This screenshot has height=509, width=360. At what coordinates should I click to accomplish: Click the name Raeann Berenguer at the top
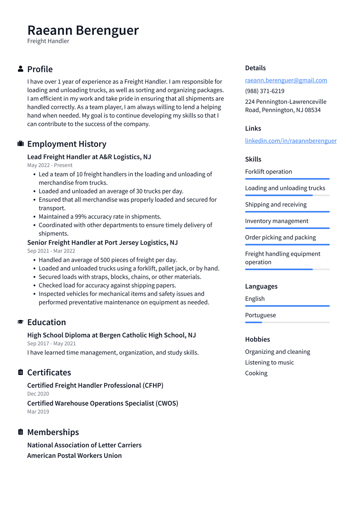[x=83, y=31]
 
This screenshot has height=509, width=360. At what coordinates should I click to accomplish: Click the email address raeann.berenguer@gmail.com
[x=286, y=80]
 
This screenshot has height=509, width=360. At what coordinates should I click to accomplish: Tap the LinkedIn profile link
[x=290, y=141]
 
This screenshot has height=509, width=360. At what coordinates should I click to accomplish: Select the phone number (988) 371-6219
[x=264, y=91]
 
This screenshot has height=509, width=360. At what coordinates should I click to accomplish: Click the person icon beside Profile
[x=20, y=69]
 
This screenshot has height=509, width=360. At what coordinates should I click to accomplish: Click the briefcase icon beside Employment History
[x=20, y=144]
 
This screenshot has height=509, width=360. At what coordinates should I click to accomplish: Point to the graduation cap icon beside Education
[x=20, y=322]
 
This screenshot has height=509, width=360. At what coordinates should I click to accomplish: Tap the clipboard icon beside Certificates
[x=20, y=372]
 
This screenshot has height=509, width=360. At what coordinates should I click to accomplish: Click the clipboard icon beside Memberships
[x=20, y=432]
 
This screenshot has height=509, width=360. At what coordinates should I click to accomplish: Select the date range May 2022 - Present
[x=50, y=165]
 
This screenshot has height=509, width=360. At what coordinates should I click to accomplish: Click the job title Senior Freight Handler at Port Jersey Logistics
[x=102, y=243]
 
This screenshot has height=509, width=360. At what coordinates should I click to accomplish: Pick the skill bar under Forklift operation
[x=287, y=179]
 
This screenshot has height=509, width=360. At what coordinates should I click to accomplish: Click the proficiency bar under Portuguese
[x=287, y=322]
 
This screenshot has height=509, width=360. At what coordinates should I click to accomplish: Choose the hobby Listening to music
[x=269, y=362]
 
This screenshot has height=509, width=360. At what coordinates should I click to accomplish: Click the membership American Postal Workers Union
[x=75, y=456]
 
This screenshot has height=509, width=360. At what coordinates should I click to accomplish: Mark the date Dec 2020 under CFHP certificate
[x=38, y=394]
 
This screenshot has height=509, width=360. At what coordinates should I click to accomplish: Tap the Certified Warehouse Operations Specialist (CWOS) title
[x=103, y=403]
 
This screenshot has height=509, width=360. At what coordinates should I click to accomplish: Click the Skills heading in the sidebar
[x=253, y=159]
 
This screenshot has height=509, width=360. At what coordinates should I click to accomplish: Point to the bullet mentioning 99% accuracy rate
[x=100, y=217]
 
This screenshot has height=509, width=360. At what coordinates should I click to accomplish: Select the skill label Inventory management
[x=277, y=221]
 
